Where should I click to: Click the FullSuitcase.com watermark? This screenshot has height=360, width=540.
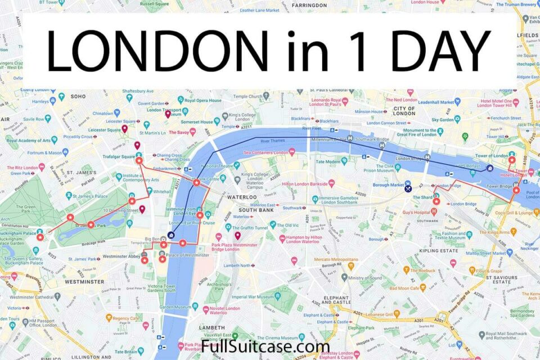pyautogui.click(x=265, y=345)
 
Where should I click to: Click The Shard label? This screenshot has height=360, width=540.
pyautogui.click(x=422, y=197)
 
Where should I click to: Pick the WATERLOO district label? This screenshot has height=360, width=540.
pyautogui.click(x=242, y=197)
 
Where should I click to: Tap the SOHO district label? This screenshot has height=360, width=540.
pyautogui.click(x=78, y=96)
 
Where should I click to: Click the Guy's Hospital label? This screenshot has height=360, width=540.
pyautogui.click(x=416, y=213)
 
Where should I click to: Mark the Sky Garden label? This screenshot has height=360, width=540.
pyautogui.click(x=442, y=120)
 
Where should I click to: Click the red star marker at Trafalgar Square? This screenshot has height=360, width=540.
pyautogui.click(x=139, y=160)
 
